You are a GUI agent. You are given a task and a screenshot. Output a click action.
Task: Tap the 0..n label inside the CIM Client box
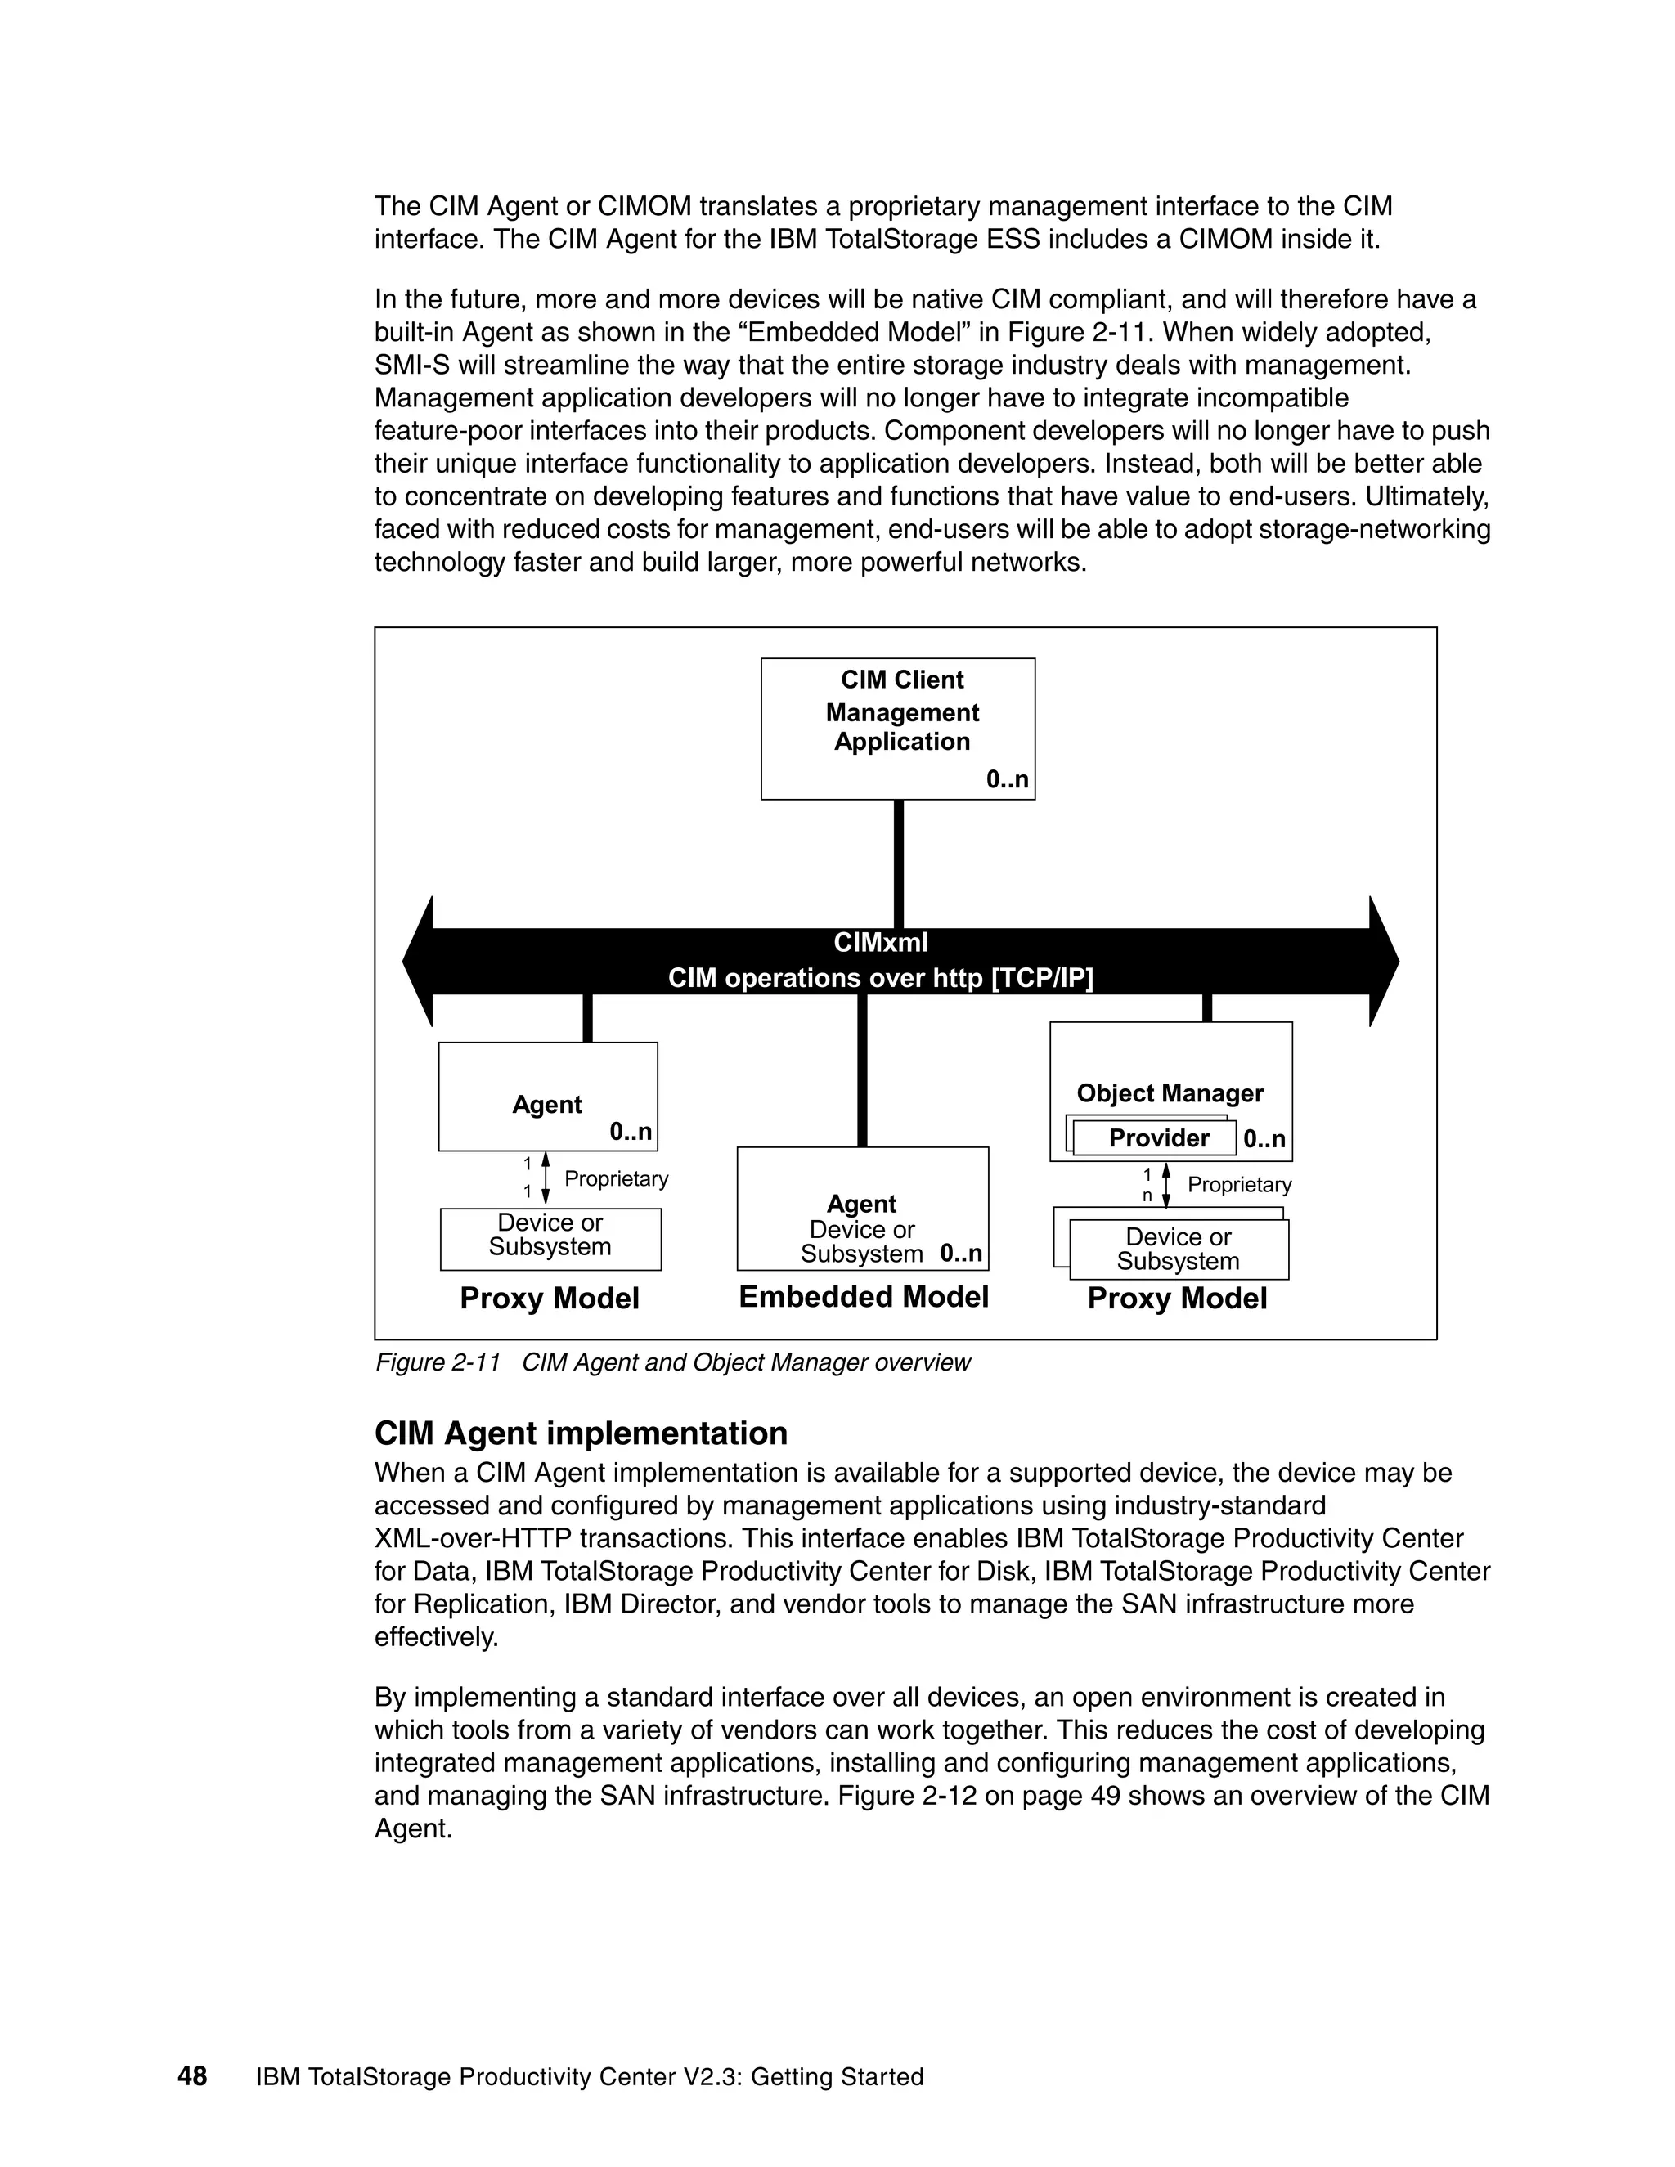tap(1006, 780)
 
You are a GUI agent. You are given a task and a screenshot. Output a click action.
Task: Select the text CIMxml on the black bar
tap(880, 943)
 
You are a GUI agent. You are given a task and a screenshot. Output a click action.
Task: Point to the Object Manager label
tap(1169, 1093)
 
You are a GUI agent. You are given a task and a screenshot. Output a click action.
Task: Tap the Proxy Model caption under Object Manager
tap(1176, 1299)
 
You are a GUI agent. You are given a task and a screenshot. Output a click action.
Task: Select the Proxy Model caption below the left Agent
tap(549, 1299)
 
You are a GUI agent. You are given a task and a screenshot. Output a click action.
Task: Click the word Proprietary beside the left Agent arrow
tap(615, 1178)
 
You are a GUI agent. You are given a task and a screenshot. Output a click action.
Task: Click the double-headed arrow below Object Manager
tap(1166, 1185)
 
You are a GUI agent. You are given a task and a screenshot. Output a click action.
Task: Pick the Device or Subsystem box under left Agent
tap(550, 1238)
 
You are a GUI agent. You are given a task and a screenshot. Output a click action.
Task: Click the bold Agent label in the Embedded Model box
tap(860, 1204)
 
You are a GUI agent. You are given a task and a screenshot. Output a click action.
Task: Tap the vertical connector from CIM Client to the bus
tap(898, 864)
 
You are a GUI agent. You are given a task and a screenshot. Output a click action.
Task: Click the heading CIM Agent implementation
tap(581, 1433)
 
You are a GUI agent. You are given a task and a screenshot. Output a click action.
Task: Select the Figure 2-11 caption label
tap(437, 1362)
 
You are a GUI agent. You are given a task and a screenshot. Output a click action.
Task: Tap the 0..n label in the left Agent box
tap(630, 1132)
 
